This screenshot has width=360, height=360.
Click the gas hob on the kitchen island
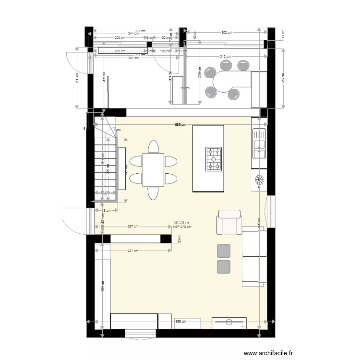tap(214, 159)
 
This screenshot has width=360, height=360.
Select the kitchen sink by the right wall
tap(259, 144)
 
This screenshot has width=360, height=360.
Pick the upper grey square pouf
tap(224, 251)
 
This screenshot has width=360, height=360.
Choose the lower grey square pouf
tap(224, 266)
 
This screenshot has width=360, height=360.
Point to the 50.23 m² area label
tap(182, 223)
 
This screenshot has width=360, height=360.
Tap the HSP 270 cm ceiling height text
tap(182, 227)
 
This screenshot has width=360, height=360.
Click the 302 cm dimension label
tap(227, 33)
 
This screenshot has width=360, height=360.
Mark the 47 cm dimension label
tap(283, 34)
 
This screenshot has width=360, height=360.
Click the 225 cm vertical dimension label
tap(283, 78)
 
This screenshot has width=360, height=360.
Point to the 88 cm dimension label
tap(106, 210)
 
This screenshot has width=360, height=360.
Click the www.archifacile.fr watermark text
tap(268, 353)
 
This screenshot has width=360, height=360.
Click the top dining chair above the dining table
tap(153, 146)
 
